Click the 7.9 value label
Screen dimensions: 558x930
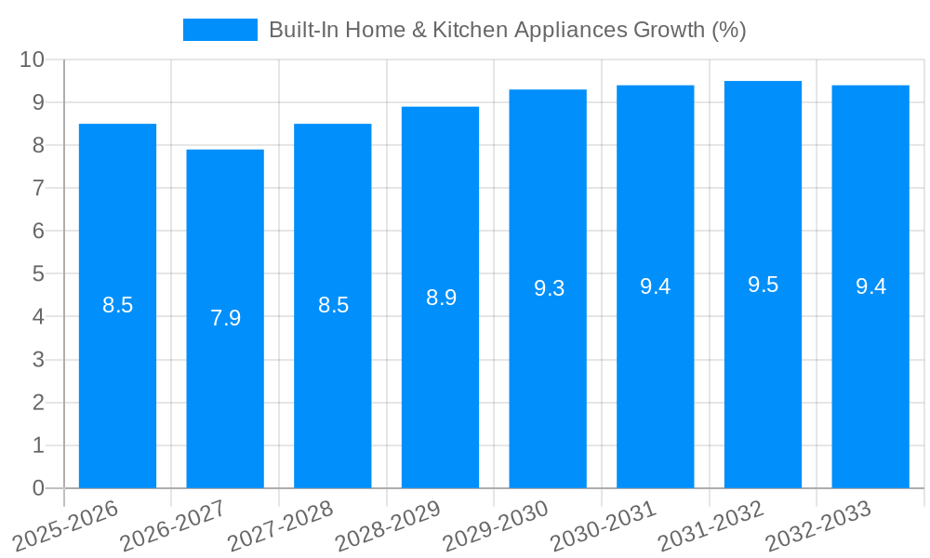point(225,318)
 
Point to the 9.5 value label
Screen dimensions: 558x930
point(763,285)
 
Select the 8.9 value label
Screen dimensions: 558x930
point(441,298)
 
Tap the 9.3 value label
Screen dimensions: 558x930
point(549,288)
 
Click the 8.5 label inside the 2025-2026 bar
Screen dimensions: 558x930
point(118,305)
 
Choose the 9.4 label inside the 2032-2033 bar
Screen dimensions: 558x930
point(870,286)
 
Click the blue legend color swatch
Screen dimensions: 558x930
point(220,30)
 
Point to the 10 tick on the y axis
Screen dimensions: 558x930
point(33,60)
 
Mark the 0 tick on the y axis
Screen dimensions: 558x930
point(38,488)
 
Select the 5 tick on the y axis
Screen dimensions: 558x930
point(38,274)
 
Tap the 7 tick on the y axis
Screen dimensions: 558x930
point(38,188)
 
